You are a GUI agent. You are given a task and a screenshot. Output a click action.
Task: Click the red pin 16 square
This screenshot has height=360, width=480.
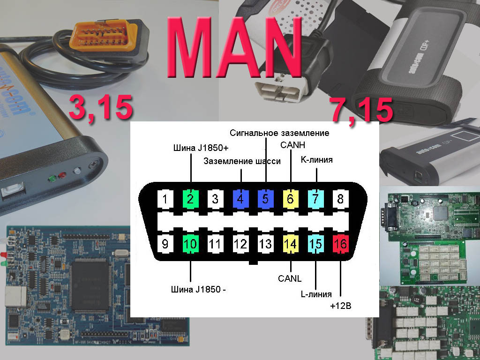click(x=340, y=244)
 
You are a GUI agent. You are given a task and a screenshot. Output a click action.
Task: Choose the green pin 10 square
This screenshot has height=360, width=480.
click(x=190, y=244)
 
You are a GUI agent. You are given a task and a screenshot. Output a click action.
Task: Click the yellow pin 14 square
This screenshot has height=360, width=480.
click(x=291, y=244)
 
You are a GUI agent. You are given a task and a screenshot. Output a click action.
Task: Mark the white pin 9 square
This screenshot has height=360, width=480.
click(x=165, y=244)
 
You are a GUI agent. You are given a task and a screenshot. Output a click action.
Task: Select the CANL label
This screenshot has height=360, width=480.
click(x=290, y=278)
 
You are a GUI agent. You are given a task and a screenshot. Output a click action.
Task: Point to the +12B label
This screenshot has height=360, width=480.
click(x=340, y=306)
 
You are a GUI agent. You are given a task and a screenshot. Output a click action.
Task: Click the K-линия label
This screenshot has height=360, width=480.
click(x=316, y=160)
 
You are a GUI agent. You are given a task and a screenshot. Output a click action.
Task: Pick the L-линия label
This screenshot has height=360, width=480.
click(x=316, y=294)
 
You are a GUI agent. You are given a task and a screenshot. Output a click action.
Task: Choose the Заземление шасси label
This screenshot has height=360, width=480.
click(x=242, y=161)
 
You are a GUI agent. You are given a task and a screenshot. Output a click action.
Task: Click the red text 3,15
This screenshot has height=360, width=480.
click(x=100, y=107)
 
